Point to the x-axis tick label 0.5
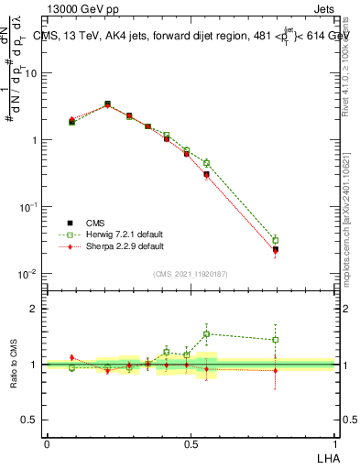191,442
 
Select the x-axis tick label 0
47,442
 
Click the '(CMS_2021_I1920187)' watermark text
191,274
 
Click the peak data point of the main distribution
107,104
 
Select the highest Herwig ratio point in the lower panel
207,333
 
